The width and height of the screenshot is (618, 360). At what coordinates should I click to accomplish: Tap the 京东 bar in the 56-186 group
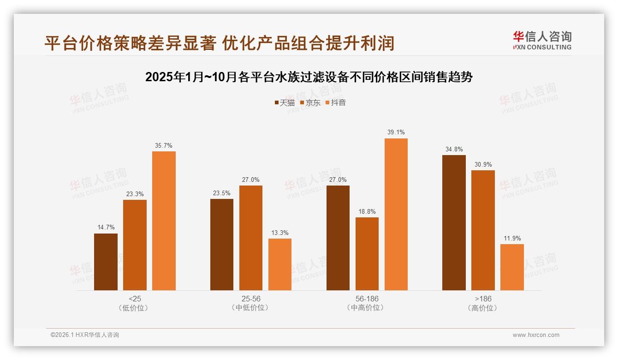367,254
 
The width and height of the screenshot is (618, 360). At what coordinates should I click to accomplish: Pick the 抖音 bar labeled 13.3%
280,264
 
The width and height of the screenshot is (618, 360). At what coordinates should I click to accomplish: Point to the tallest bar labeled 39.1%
396,214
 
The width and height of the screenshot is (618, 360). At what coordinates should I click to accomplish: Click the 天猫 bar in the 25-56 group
222,245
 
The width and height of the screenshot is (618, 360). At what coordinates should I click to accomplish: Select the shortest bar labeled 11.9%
512,267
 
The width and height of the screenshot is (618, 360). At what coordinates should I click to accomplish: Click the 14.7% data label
106,227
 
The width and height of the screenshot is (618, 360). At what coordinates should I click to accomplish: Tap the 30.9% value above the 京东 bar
483,164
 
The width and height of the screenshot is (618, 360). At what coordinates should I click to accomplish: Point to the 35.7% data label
164,145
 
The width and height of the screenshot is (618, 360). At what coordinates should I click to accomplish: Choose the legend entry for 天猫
284,102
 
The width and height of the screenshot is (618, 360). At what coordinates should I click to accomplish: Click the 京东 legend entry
310,102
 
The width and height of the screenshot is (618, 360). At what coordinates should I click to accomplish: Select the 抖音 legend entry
335,102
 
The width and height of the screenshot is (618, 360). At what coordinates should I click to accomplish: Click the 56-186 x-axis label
367,299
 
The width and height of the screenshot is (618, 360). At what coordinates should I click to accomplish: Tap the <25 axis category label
135,299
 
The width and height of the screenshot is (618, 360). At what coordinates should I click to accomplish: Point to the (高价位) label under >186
483,308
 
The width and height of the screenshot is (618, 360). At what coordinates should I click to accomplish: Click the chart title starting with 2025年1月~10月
309,77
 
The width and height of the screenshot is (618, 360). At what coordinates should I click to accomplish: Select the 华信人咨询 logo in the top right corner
542,40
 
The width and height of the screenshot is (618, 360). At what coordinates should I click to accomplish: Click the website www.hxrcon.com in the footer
536,335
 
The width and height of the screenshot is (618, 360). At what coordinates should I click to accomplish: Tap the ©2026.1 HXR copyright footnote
84,335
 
